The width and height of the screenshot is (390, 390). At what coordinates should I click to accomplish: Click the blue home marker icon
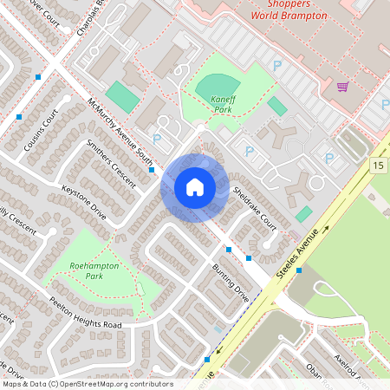tap(194, 187)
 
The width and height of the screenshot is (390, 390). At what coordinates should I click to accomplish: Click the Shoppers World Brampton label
tap(289, 10)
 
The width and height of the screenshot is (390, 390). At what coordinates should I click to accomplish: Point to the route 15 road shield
tap(378, 165)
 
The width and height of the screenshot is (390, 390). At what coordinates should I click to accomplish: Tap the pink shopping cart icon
tap(342, 87)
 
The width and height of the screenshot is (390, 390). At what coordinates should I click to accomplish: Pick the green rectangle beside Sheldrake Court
tap(303, 213)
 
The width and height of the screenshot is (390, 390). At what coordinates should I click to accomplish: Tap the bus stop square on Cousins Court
tap(19, 116)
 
